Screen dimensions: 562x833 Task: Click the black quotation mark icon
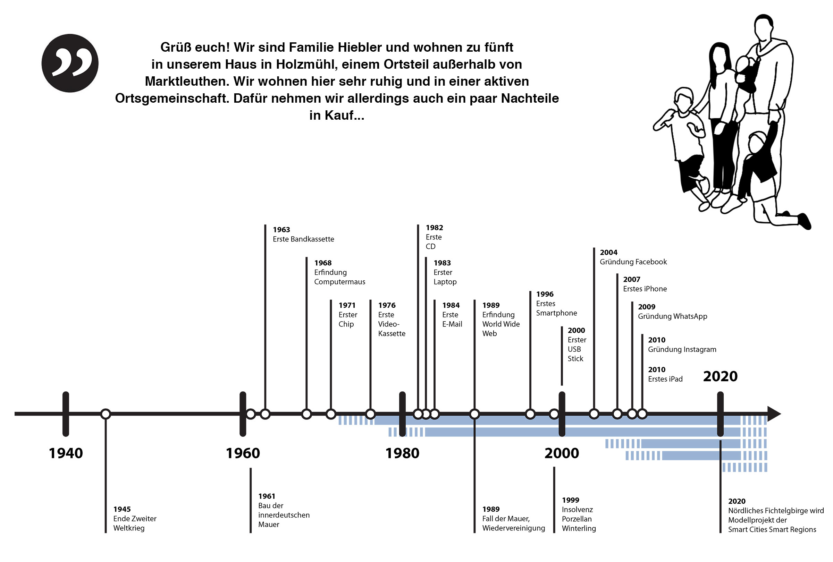tap(70, 63)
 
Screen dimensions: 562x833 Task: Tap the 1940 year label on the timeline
tap(66, 453)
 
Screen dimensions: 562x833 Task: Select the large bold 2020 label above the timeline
tap(720, 376)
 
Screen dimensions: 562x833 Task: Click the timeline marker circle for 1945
tap(106, 414)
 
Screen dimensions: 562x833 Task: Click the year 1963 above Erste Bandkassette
tap(281, 230)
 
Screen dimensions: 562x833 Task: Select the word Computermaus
tap(339, 282)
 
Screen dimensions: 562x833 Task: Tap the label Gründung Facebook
tap(633, 262)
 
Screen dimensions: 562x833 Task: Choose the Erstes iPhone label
tap(645, 289)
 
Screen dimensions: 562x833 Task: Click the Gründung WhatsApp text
tap(672, 316)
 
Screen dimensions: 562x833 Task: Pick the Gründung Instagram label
tap(682, 350)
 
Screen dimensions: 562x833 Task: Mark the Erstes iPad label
tap(665, 379)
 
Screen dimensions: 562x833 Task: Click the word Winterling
tap(579, 528)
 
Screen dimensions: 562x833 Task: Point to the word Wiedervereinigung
tap(513, 528)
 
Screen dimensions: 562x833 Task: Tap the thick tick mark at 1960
tap(243, 414)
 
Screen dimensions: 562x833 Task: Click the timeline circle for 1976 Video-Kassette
tap(370, 414)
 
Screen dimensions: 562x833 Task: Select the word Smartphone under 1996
tap(556, 313)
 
